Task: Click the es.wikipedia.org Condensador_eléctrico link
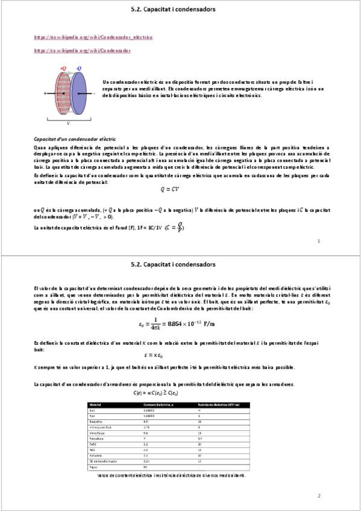93,37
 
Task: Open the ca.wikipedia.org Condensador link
82,51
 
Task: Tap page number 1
318,241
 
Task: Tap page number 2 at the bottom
318,495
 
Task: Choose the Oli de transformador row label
102,460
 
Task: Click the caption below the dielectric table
171,475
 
